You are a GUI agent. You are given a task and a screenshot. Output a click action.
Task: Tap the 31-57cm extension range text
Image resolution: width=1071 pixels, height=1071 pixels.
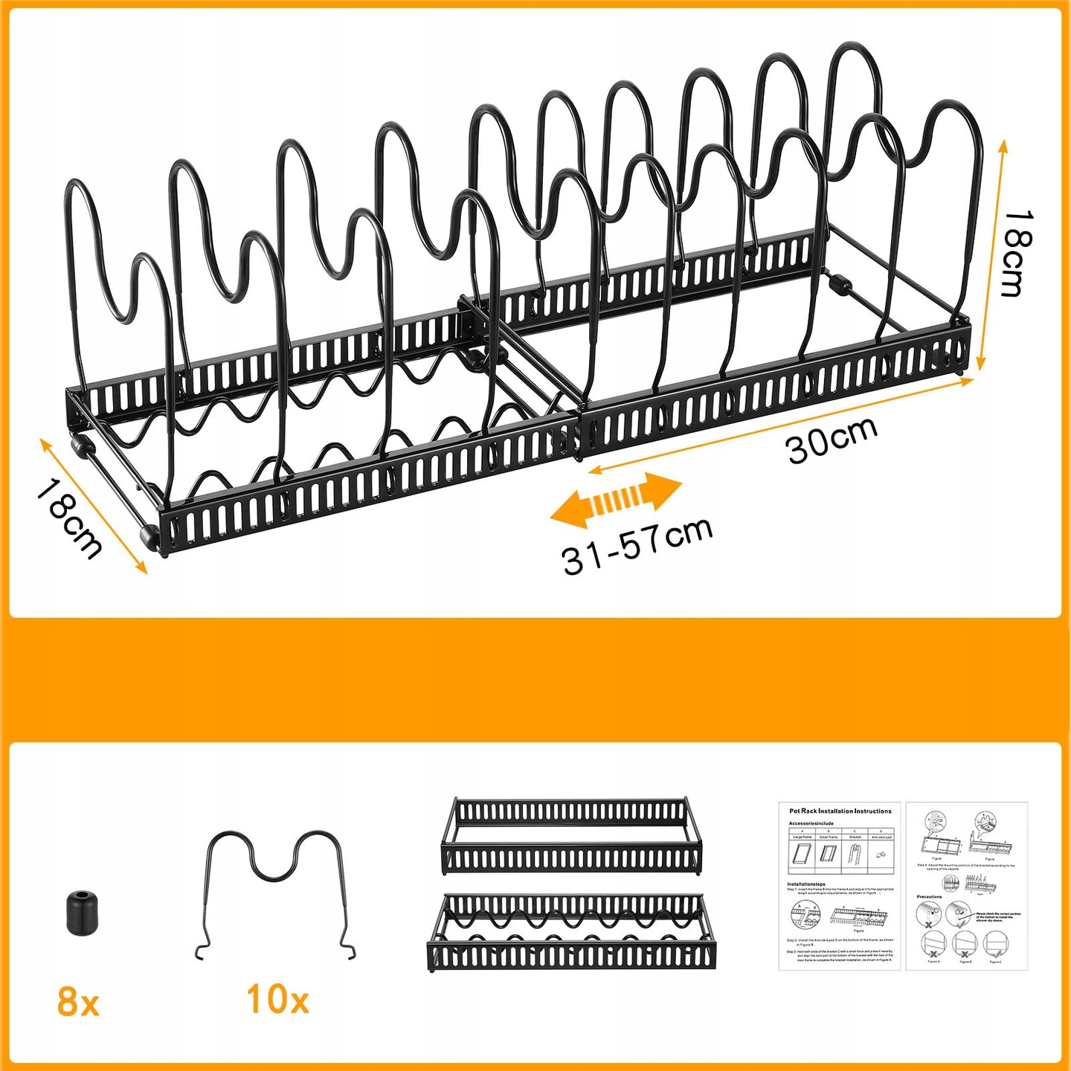(637, 547)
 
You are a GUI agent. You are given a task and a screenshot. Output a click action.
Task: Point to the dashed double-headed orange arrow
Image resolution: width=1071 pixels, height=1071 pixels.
(616, 500)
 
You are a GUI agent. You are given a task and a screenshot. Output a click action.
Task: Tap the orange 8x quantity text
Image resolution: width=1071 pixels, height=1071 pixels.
(77, 1002)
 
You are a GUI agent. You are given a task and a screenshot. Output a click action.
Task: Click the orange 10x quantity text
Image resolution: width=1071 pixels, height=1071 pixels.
(277, 999)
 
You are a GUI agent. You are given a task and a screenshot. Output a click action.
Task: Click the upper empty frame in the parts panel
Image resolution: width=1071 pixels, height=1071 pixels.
(571, 835)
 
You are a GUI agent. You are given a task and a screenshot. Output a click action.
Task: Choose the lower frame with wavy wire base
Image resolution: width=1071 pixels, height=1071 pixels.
(571, 933)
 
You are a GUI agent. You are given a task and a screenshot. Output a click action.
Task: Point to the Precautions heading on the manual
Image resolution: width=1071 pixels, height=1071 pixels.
(929, 897)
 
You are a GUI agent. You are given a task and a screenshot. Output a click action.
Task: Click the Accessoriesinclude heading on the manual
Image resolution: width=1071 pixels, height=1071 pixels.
(811, 823)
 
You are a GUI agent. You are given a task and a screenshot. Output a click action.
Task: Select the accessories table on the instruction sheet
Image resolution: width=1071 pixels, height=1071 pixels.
(841, 854)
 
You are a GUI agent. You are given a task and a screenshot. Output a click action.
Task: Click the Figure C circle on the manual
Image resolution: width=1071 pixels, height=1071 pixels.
(995, 945)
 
